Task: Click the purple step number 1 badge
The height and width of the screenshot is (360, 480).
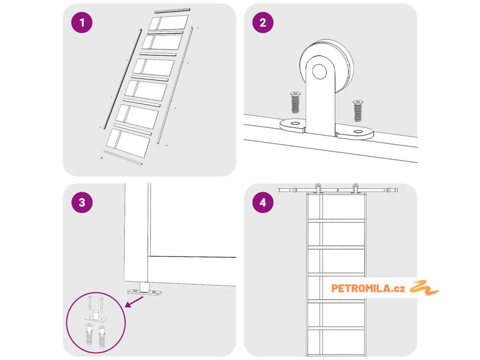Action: pos(82,23)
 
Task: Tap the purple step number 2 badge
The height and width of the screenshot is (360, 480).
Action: pos(262,23)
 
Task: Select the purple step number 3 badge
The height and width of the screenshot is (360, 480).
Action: pos(82,202)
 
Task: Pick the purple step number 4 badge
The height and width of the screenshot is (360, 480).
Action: pos(262,202)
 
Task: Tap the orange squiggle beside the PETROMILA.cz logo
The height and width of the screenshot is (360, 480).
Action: pos(424,287)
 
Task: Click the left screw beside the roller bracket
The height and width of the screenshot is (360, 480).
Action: pos(295,102)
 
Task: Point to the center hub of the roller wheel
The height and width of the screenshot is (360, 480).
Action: pos(321,72)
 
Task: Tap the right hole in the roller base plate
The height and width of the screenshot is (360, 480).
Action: pos(359,133)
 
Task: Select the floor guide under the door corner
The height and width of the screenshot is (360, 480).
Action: pos(144,290)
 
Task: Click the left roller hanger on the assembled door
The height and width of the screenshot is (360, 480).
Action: pos(318,188)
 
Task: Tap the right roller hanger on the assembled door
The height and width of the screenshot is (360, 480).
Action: pos(356,188)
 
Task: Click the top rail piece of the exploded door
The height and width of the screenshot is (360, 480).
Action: pos(172,10)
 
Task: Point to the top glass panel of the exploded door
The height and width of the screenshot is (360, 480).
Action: pos(169,23)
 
